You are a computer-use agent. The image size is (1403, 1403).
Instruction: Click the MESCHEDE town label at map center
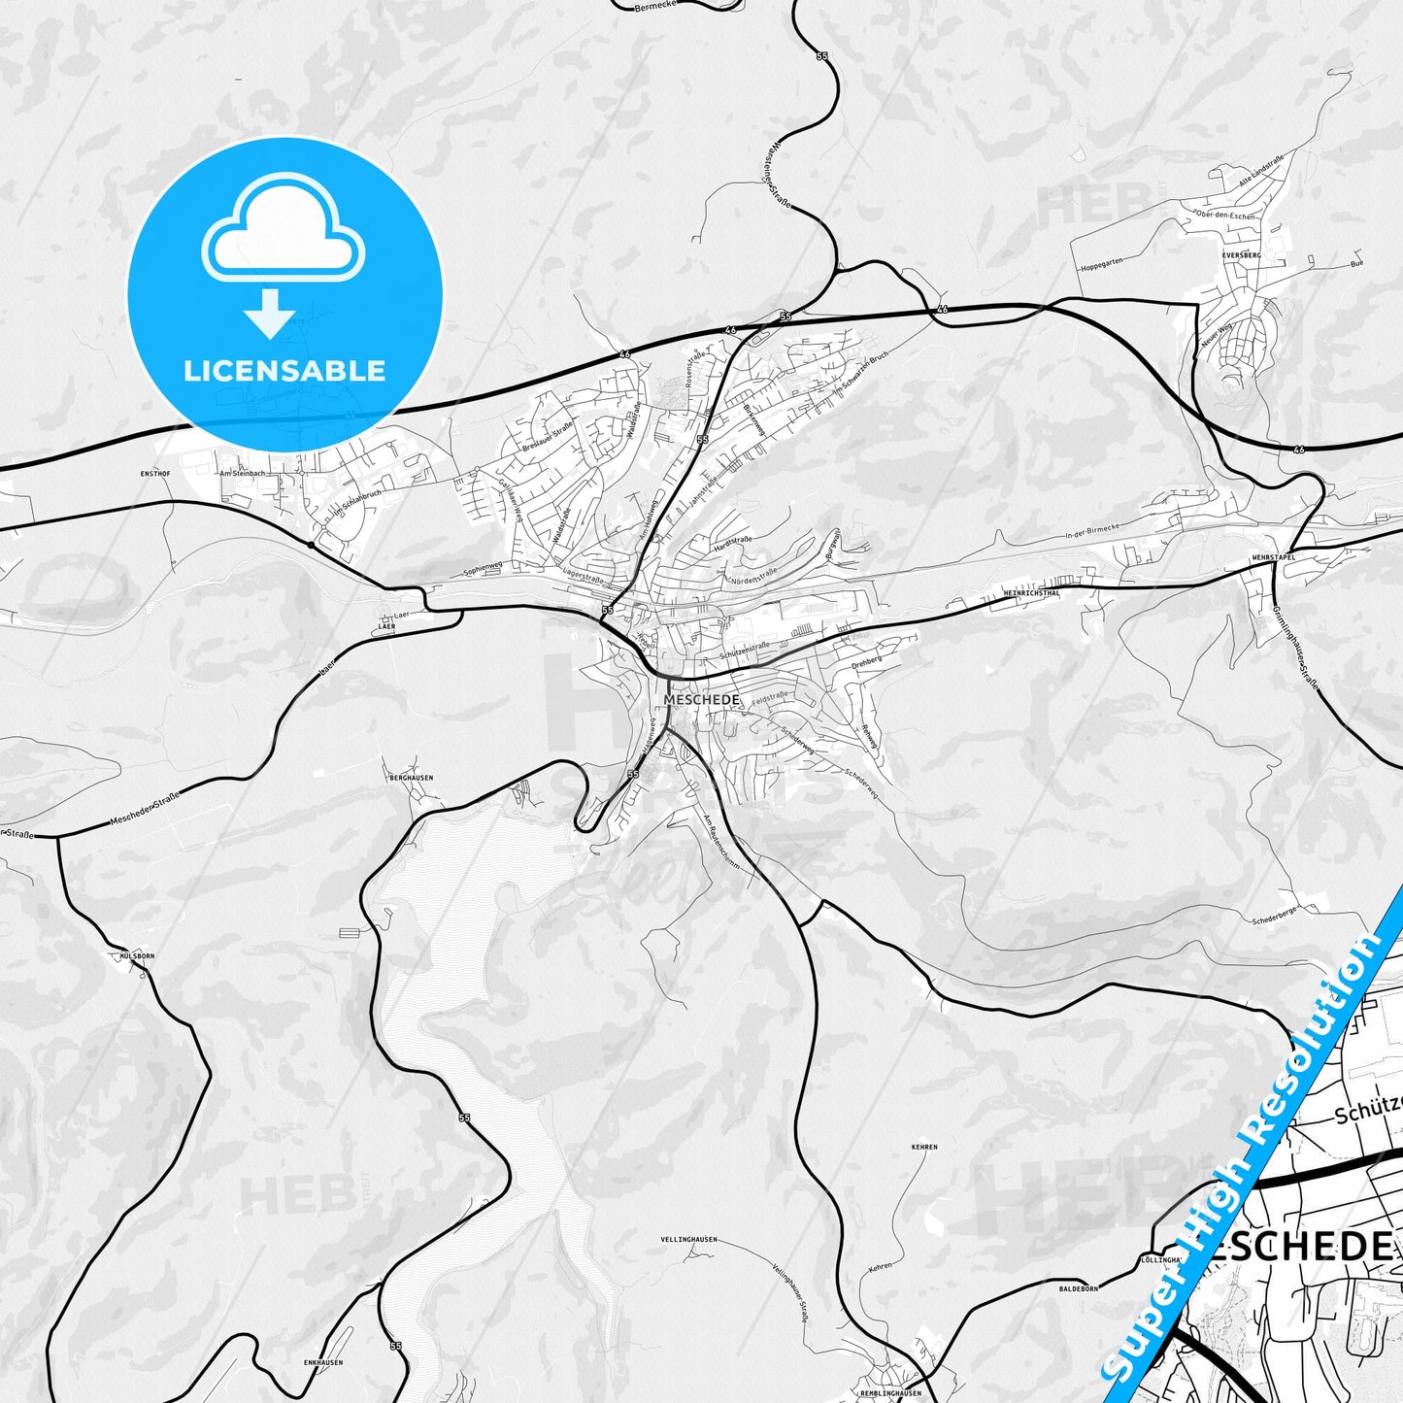[702, 699]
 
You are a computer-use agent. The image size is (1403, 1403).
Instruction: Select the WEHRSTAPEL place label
[1274, 557]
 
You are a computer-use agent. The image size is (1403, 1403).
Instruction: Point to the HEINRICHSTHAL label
[1032, 591]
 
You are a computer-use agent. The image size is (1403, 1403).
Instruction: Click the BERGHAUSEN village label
[411, 778]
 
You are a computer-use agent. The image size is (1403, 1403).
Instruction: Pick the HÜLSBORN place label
[136, 955]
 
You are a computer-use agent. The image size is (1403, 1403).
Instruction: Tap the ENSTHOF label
[155, 474]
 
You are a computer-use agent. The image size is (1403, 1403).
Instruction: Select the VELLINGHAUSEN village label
[688, 1240]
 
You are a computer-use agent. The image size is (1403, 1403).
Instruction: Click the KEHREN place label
[924, 1147]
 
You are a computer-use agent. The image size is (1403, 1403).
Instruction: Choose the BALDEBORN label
[1078, 1288]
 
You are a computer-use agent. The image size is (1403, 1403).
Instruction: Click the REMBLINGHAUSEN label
[890, 1394]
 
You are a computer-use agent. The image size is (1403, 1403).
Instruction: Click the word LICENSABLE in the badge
[284, 370]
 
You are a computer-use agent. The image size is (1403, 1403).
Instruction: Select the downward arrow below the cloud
[270, 313]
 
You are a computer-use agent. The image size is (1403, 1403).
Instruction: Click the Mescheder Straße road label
[145, 809]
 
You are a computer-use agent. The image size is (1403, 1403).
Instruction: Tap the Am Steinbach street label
[242, 473]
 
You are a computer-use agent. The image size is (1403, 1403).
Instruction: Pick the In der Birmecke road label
[1091, 530]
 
